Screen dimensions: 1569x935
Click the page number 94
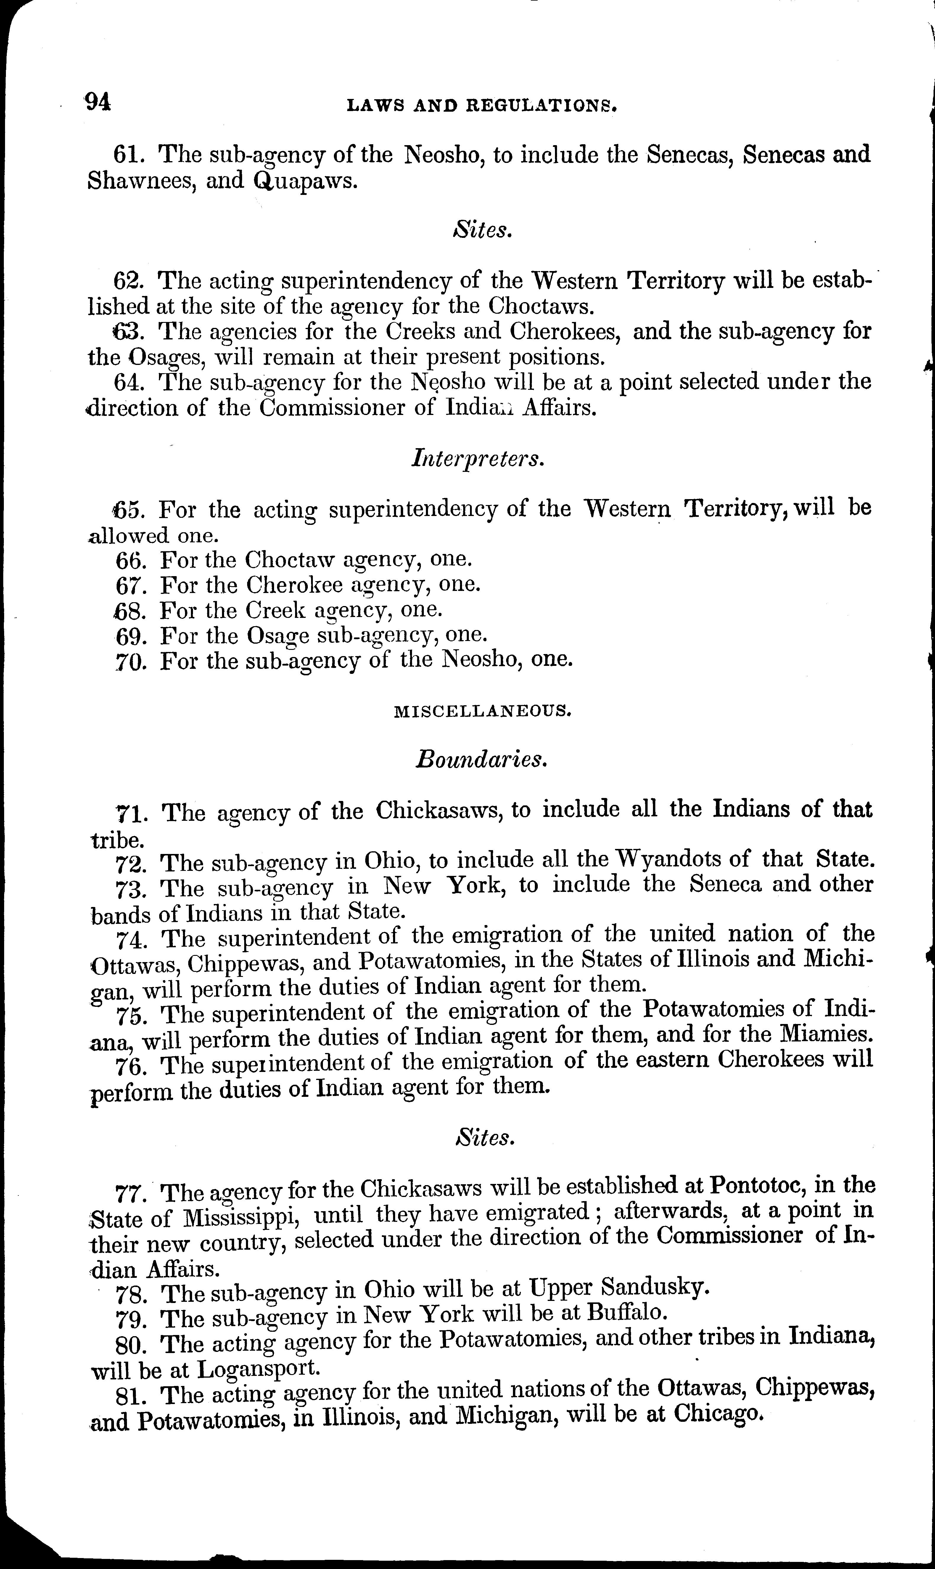point(98,102)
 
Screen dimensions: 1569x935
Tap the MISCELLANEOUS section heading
point(483,711)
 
